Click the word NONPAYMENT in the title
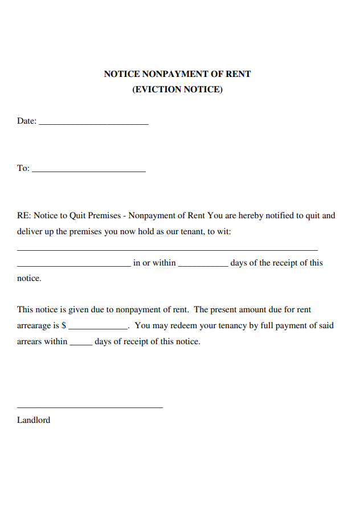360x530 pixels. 175,74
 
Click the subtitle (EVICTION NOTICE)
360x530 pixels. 177,89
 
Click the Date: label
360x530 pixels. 27,121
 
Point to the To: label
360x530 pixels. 23,168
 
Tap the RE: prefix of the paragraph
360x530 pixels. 23,216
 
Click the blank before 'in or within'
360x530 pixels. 73,266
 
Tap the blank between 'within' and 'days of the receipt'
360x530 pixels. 203,266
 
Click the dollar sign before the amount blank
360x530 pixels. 64,326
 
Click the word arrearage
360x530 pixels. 34,326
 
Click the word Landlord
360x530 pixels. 34,421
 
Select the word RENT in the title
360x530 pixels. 238,74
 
